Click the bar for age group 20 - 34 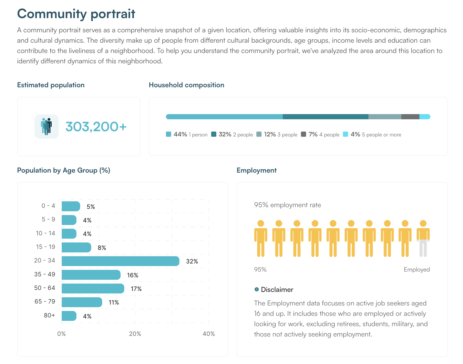tap(120, 261)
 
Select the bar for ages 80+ tap(69, 316)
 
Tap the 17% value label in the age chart tap(136, 289)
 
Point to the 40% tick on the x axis tap(209, 334)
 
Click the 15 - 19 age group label tap(46, 247)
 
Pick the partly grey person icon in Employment tap(423, 239)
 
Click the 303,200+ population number tap(96, 127)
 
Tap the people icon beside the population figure tap(46, 126)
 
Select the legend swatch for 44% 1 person tap(169, 134)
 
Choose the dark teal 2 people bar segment tap(325, 117)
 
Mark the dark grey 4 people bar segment tap(410, 117)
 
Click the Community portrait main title tap(76, 14)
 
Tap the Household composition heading tap(186, 85)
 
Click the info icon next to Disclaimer tap(256, 289)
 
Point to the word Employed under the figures tap(417, 270)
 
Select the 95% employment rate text tap(287, 205)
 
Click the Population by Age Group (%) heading tap(64, 170)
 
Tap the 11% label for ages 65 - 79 tap(114, 302)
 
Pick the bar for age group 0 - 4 tap(70, 206)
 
